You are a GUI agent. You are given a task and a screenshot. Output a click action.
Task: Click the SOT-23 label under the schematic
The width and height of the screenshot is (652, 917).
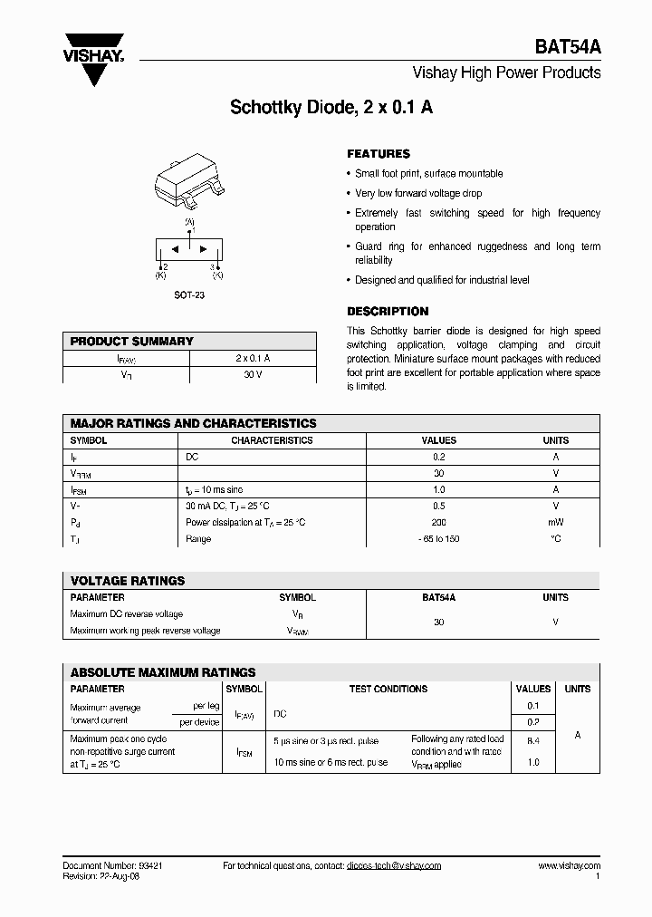click(189, 295)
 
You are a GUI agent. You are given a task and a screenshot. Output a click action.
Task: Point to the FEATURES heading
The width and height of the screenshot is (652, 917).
click(379, 154)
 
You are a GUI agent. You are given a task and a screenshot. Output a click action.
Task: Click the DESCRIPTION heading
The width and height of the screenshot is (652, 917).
click(388, 311)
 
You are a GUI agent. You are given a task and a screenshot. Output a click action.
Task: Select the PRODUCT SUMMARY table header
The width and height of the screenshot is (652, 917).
click(132, 342)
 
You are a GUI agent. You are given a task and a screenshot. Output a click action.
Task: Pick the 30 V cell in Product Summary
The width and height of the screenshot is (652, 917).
click(253, 375)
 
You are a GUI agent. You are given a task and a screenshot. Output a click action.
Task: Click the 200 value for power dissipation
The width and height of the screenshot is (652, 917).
click(439, 522)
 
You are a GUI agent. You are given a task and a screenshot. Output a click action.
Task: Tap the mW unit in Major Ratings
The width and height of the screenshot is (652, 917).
click(555, 522)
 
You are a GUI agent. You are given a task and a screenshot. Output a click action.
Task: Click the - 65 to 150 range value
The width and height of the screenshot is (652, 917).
click(439, 539)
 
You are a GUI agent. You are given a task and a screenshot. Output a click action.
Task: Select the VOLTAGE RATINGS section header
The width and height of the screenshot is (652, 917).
click(128, 581)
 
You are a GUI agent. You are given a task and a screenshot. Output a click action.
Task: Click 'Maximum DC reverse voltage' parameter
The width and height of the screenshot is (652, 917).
click(127, 614)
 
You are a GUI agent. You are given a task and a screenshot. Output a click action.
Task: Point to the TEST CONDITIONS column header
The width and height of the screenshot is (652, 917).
click(388, 689)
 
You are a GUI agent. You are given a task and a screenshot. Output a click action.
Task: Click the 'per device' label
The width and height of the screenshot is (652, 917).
click(199, 722)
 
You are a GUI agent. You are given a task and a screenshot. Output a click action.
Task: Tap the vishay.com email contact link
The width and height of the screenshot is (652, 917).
click(393, 865)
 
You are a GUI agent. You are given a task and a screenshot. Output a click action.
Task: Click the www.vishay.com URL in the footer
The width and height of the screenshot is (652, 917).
click(569, 865)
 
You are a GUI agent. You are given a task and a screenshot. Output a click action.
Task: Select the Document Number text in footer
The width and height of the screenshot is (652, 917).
click(112, 865)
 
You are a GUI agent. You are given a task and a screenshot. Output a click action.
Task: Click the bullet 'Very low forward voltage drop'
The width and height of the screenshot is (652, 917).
click(418, 193)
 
